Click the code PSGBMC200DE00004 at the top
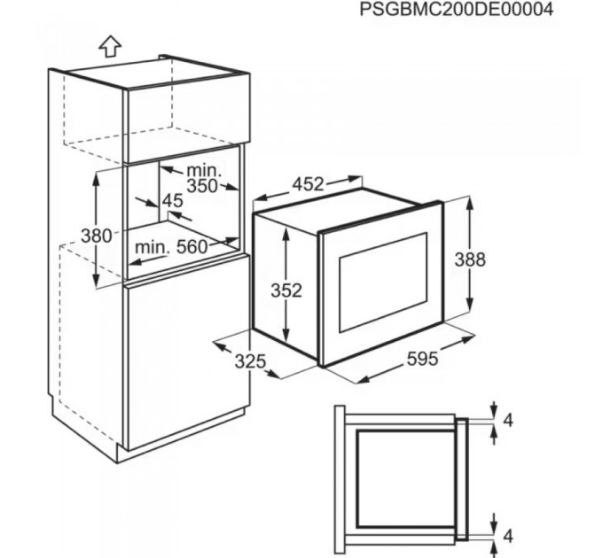point(456,10)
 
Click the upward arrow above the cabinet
point(109,45)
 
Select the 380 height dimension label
point(97,236)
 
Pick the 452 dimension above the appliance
point(308,185)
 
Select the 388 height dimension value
point(469,259)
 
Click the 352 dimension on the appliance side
point(286,290)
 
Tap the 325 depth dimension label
point(251,360)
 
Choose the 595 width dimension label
point(422,359)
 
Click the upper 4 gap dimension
point(507,420)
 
